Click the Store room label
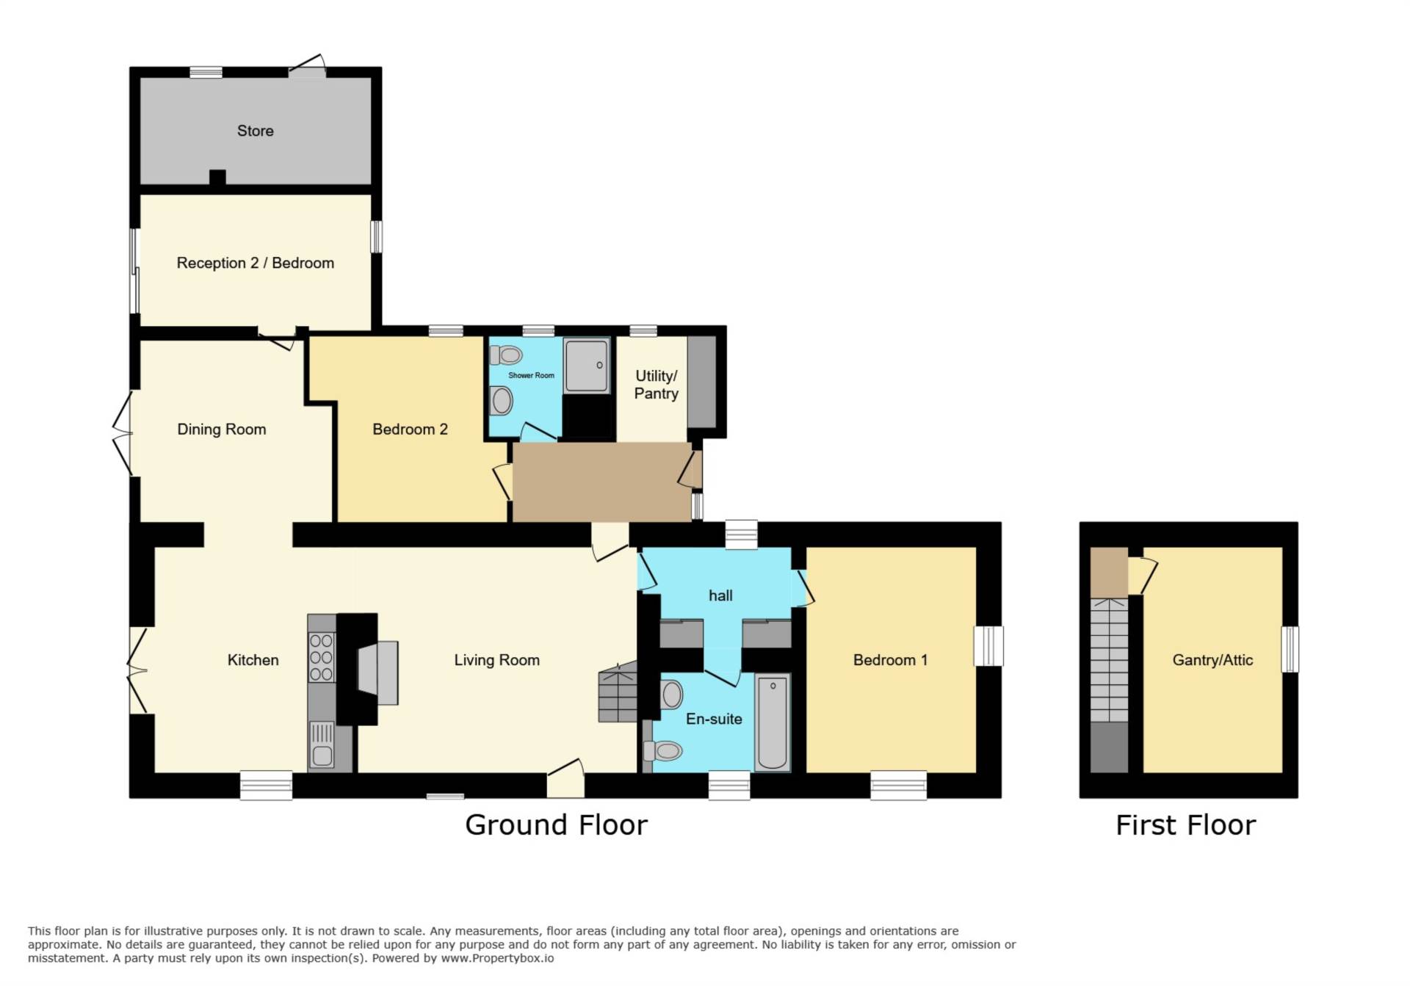click(255, 131)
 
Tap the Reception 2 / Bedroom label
click(255, 263)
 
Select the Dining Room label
click(221, 429)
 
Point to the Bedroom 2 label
click(410, 429)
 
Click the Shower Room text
click(531, 375)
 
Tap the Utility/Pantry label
click(656, 385)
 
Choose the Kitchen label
click(253, 660)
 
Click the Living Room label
click(496, 660)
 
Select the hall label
click(720, 595)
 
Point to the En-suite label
click(714, 719)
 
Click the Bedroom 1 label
click(890, 660)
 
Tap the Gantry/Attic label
click(1212, 660)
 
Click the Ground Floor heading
click(556, 825)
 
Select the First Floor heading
click(1185, 825)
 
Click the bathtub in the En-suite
click(773, 722)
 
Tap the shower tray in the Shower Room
click(587, 366)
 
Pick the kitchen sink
click(322, 745)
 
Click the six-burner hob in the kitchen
click(322, 657)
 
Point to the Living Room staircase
click(618, 692)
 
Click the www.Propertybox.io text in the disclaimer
click(497, 958)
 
